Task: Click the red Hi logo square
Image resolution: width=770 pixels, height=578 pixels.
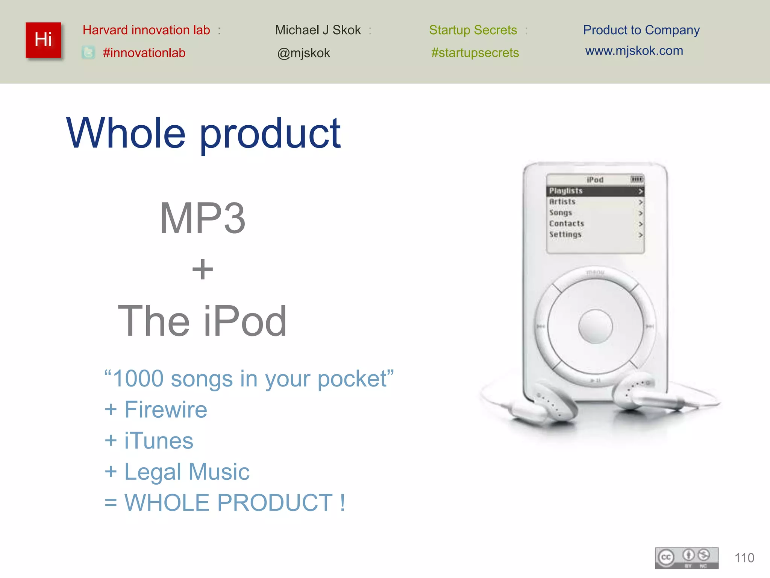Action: coord(43,40)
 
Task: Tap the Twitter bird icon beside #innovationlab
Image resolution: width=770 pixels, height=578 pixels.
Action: coord(88,53)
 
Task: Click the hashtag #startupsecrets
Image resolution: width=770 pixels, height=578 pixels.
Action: coord(475,53)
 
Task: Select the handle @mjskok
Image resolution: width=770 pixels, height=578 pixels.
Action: coord(303,53)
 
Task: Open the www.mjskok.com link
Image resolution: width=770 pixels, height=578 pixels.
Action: coord(634,51)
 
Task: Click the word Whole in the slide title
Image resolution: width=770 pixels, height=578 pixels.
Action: coord(126,133)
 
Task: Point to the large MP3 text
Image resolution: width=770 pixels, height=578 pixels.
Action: coord(202,218)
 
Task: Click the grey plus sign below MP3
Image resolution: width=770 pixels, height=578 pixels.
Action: coord(202,269)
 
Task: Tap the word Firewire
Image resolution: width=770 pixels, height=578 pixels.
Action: coord(166,409)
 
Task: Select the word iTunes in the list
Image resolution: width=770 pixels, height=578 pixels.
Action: coord(159,441)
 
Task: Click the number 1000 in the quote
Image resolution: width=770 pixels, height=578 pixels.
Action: coord(138,378)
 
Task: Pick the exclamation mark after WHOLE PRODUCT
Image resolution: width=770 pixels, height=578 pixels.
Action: coord(342,502)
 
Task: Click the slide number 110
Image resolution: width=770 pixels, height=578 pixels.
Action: coord(744,558)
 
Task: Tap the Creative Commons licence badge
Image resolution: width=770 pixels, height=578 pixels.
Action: coord(687,558)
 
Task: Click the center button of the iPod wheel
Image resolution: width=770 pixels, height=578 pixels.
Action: coord(595,326)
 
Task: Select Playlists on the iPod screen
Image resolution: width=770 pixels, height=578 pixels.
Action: coord(566,191)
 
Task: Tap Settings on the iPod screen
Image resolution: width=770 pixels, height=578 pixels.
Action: coord(565,234)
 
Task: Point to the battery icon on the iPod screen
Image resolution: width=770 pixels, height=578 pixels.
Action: coord(637,179)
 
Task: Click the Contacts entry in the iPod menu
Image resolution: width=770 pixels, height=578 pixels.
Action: coord(567,224)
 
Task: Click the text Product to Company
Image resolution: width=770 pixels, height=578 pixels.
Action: coord(641,30)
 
